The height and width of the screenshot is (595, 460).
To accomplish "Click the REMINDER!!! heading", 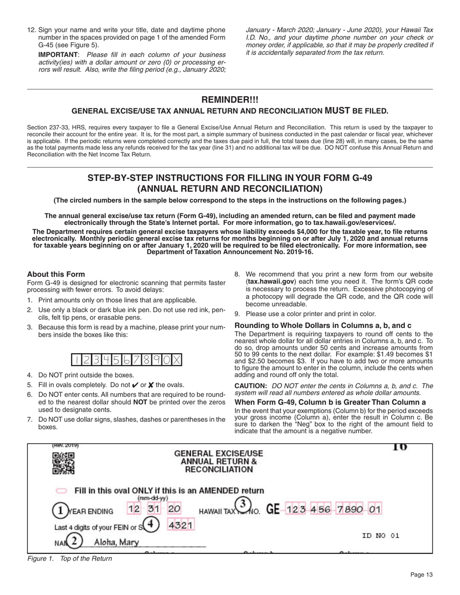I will pyautogui.click(x=230, y=100).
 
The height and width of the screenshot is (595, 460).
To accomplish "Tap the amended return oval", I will pyautogui.click(x=61, y=491).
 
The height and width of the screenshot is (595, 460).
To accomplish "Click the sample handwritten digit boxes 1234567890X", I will pyautogui.click(x=127, y=360).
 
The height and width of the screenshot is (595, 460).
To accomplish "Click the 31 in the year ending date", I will pyautogui.click(x=153, y=509).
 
